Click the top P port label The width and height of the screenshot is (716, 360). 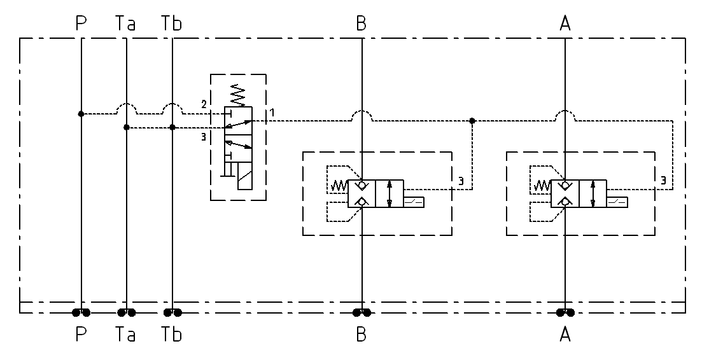pyautogui.click(x=81, y=24)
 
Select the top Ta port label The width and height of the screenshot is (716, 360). pyautogui.click(x=125, y=24)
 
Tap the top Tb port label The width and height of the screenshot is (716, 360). pyautogui.click(x=171, y=24)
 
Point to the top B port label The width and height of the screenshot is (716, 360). pyautogui.click(x=362, y=24)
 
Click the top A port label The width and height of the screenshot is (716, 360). pyautogui.click(x=565, y=24)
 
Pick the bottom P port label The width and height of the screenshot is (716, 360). pyautogui.click(x=81, y=334)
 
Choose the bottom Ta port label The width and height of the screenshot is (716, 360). pyautogui.click(x=125, y=334)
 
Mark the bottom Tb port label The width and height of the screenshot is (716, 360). pyautogui.click(x=171, y=334)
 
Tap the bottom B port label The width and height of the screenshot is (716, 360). pyautogui.click(x=362, y=334)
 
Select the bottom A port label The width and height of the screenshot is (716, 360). pyautogui.click(x=565, y=334)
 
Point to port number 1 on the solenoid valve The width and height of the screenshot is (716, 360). pyautogui.click(x=272, y=112)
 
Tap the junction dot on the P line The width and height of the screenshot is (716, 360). pyautogui.click(x=81, y=114)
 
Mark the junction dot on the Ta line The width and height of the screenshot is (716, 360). pyautogui.click(x=127, y=127)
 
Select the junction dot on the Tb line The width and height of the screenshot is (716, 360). pyautogui.click(x=172, y=127)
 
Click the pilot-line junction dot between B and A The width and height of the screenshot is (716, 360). pyautogui.click(x=472, y=120)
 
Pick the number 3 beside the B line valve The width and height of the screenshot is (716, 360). pyautogui.click(x=460, y=181)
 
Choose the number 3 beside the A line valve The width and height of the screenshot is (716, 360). pyautogui.click(x=663, y=181)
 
